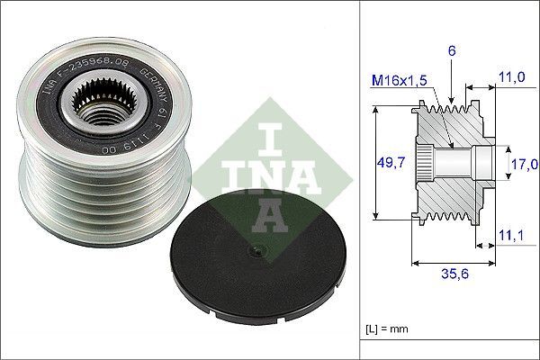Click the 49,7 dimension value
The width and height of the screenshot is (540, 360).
(385, 163)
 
